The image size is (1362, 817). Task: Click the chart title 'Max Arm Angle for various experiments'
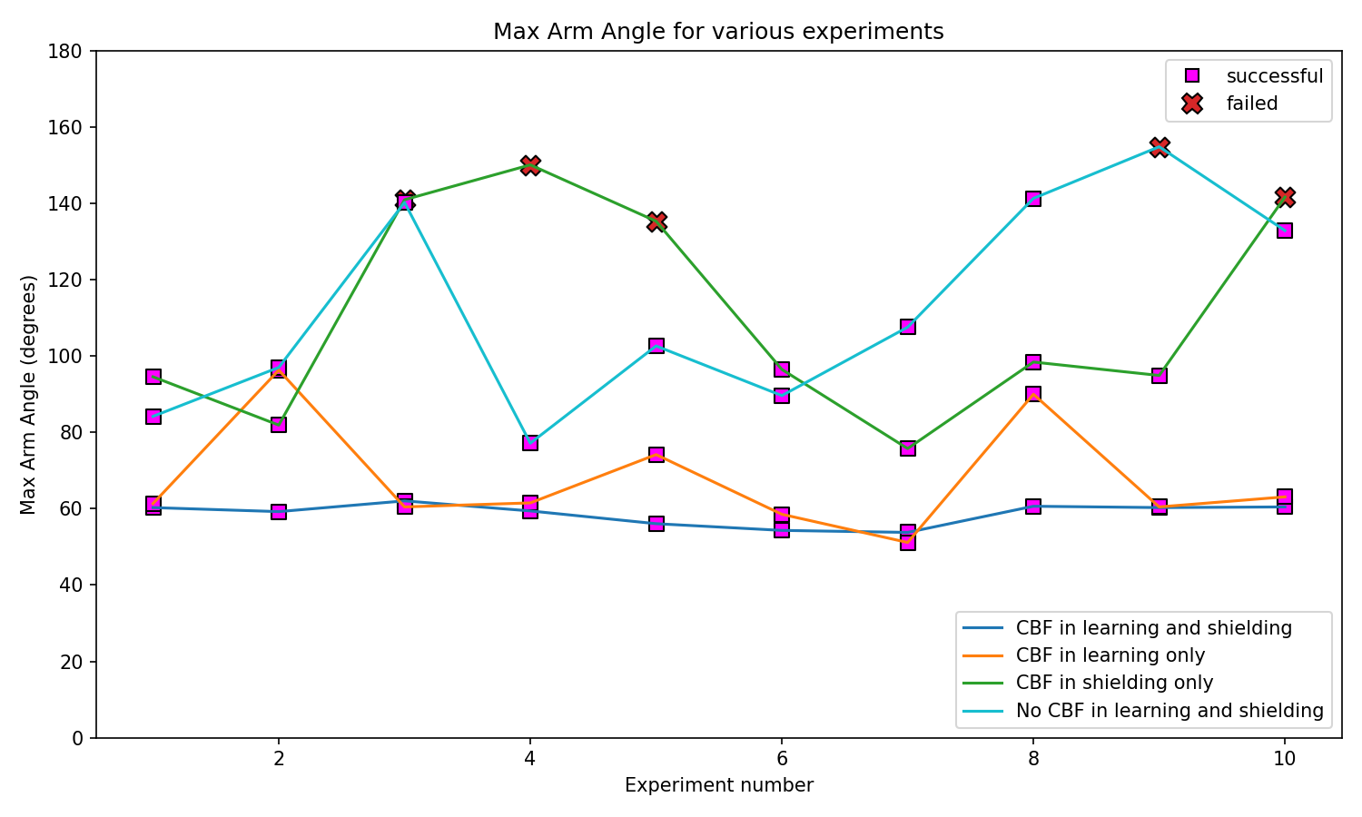(x=718, y=32)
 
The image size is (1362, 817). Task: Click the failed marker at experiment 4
(x=530, y=164)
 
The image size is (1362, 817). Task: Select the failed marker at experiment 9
(x=1159, y=146)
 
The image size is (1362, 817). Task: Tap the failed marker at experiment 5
(x=656, y=221)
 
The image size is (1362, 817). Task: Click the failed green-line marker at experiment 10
(x=1284, y=197)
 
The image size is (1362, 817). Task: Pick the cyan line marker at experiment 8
(x=1033, y=199)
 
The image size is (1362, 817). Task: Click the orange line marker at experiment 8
(x=1033, y=395)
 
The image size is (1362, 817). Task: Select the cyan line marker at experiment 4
(x=530, y=442)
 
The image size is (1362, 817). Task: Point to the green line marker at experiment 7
(x=908, y=448)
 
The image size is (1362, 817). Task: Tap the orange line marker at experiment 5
(x=656, y=455)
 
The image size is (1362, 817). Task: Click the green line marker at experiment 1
(x=153, y=377)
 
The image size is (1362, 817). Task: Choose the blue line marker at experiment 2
(x=279, y=512)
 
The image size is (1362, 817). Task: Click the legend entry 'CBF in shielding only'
(x=1114, y=683)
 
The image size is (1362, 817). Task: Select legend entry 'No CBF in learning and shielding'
(x=1170, y=710)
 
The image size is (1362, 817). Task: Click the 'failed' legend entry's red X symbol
(x=1192, y=103)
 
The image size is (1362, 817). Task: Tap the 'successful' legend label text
(x=1274, y=76)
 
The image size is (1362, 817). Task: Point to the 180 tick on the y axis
(x=71, y=51)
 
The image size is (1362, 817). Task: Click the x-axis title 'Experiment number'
(x=718, y=785)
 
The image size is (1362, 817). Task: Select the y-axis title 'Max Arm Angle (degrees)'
(x=29, y=394)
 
